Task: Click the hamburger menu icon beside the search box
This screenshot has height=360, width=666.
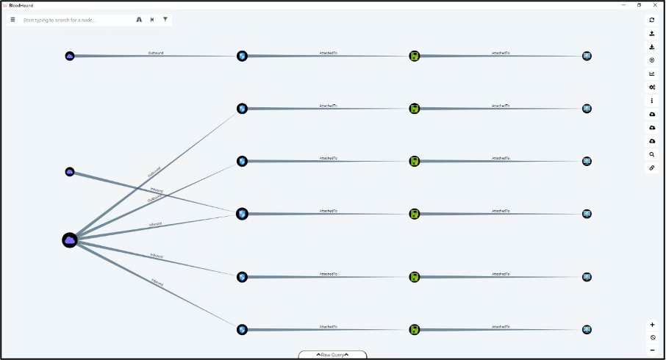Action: click(12, 20)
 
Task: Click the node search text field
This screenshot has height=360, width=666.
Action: click(74, 20)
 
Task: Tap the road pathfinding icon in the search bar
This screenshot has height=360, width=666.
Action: click(139, 20)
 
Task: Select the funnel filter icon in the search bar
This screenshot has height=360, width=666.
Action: click(165, 20)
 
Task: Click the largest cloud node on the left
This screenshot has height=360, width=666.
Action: click(70, 240)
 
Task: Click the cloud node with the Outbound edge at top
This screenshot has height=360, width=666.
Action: click(70, 56)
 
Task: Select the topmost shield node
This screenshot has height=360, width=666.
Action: click(242, 56)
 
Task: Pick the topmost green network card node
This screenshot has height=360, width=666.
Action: click(415, 56)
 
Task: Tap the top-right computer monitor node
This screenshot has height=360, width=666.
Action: click(587, 56)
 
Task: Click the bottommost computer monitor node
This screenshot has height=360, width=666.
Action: click(587, 330)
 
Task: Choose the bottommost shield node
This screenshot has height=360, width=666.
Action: click(242, 330)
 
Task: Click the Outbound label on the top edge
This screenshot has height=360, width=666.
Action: click(156, 53)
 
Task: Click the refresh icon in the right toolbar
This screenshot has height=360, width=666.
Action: click(652, 21)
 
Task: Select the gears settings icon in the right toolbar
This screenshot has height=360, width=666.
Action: click(652, 87)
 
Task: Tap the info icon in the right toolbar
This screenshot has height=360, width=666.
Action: click(652, 101)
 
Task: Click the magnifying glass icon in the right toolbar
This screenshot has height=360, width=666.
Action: click(652, 155)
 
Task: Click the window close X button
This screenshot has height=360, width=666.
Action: click(655, 5)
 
